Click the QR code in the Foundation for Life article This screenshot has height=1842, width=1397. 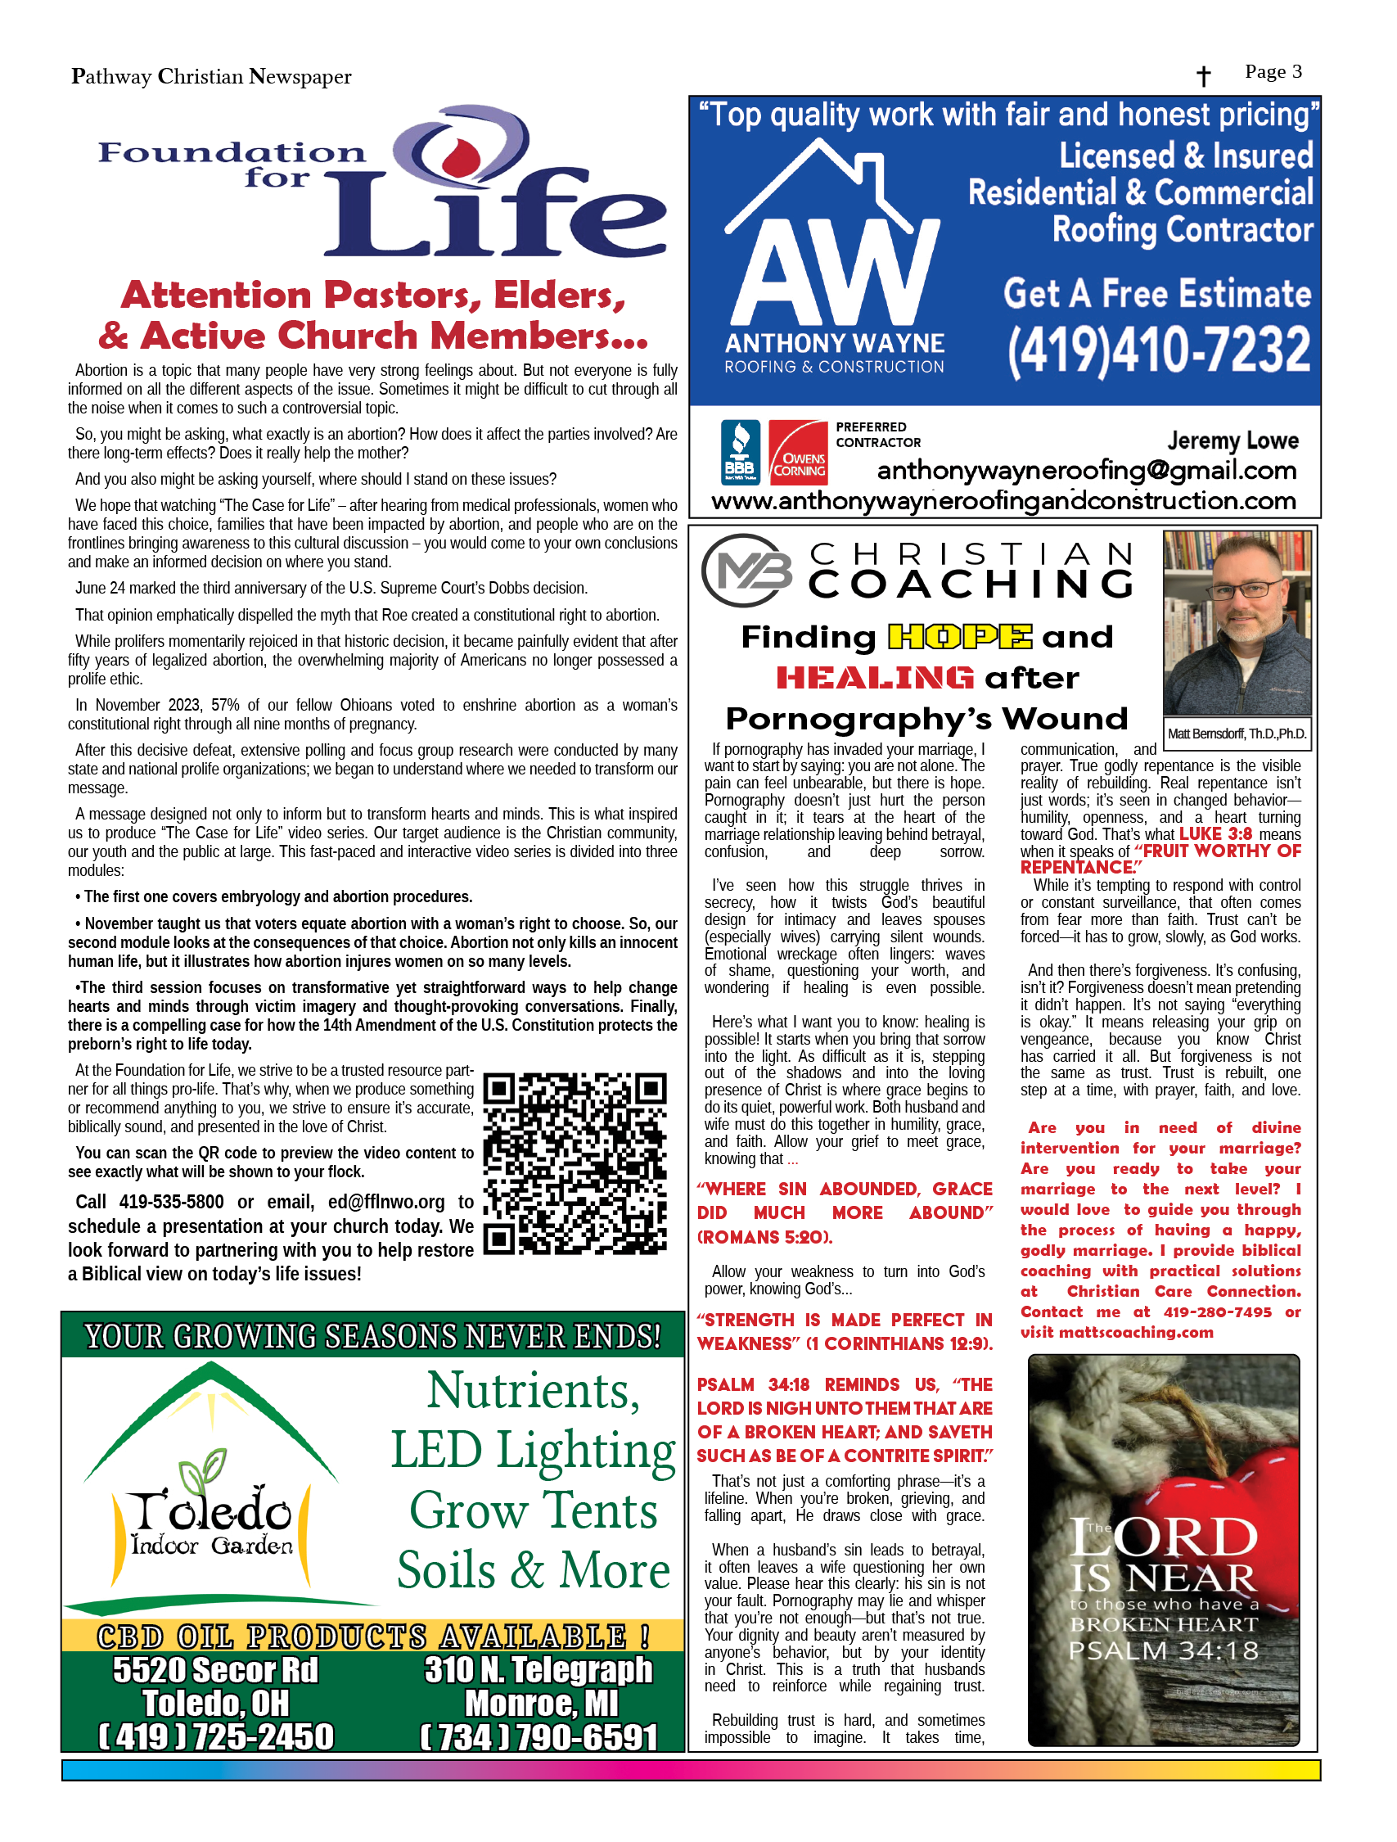(575, 1163)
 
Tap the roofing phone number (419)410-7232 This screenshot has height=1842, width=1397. (1158, 350)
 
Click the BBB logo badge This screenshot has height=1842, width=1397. (739, 452)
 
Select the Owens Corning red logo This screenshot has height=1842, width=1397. (798, 452)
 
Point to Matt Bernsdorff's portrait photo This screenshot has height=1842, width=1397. (1237, 622)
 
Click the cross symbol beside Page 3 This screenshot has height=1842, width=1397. (1203, 77)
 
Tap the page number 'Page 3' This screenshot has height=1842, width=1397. (1273, 71)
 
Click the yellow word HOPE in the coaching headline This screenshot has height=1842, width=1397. (960, 637)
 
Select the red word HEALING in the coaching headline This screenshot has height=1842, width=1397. (875, 678)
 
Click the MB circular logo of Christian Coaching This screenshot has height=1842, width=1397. (747, 571)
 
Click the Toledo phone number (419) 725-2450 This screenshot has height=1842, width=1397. (216, 1736)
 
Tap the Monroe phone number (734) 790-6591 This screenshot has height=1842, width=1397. (539, 1736)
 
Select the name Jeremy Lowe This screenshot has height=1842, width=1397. (1233, 440)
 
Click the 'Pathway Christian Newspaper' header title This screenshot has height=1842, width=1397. (211, 77)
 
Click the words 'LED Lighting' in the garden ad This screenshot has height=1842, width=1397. (533, 1450)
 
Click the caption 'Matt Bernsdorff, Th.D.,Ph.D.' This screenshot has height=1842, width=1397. (1237, 734)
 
